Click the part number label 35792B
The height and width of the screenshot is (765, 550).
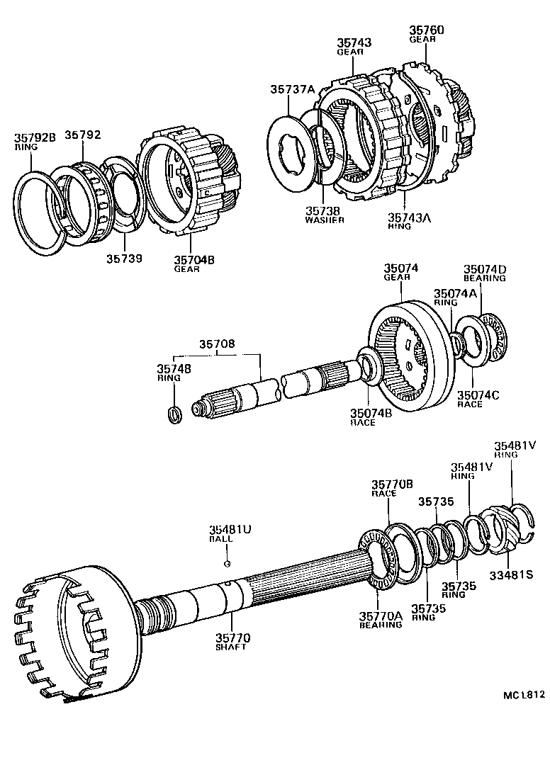35,137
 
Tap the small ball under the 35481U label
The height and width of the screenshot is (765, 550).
225,564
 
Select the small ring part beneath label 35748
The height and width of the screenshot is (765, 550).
173,414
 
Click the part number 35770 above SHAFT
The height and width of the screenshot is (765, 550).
233,638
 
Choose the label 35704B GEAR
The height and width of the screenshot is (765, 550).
193,263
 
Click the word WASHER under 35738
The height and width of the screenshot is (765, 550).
325,220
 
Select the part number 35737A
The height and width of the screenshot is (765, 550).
291,89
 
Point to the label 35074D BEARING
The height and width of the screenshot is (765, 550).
485,273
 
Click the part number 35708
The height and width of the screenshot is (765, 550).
217,344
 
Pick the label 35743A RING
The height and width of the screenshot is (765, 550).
409,222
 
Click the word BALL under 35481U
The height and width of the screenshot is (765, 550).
216,539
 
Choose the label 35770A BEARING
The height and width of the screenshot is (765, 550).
381,620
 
